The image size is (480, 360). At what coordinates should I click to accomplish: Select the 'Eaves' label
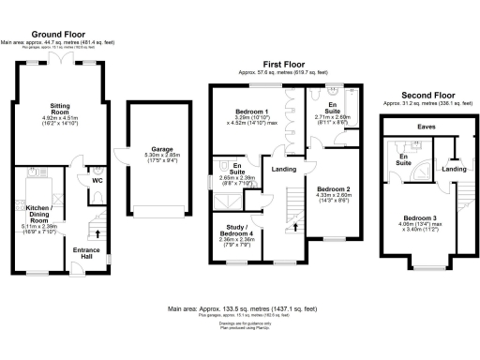tap(426, 125)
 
